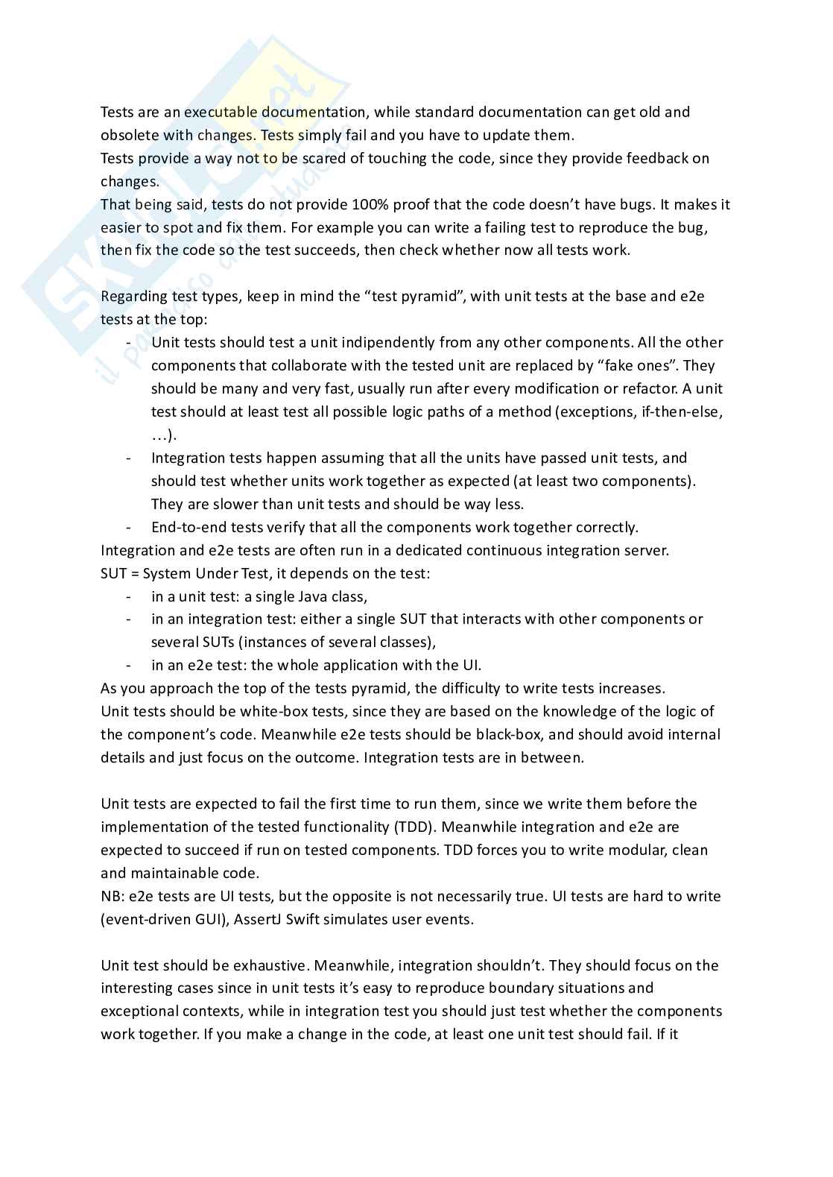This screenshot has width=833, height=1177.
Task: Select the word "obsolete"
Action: tap(128, 136)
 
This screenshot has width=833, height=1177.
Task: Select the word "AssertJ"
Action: tap(259, 920)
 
